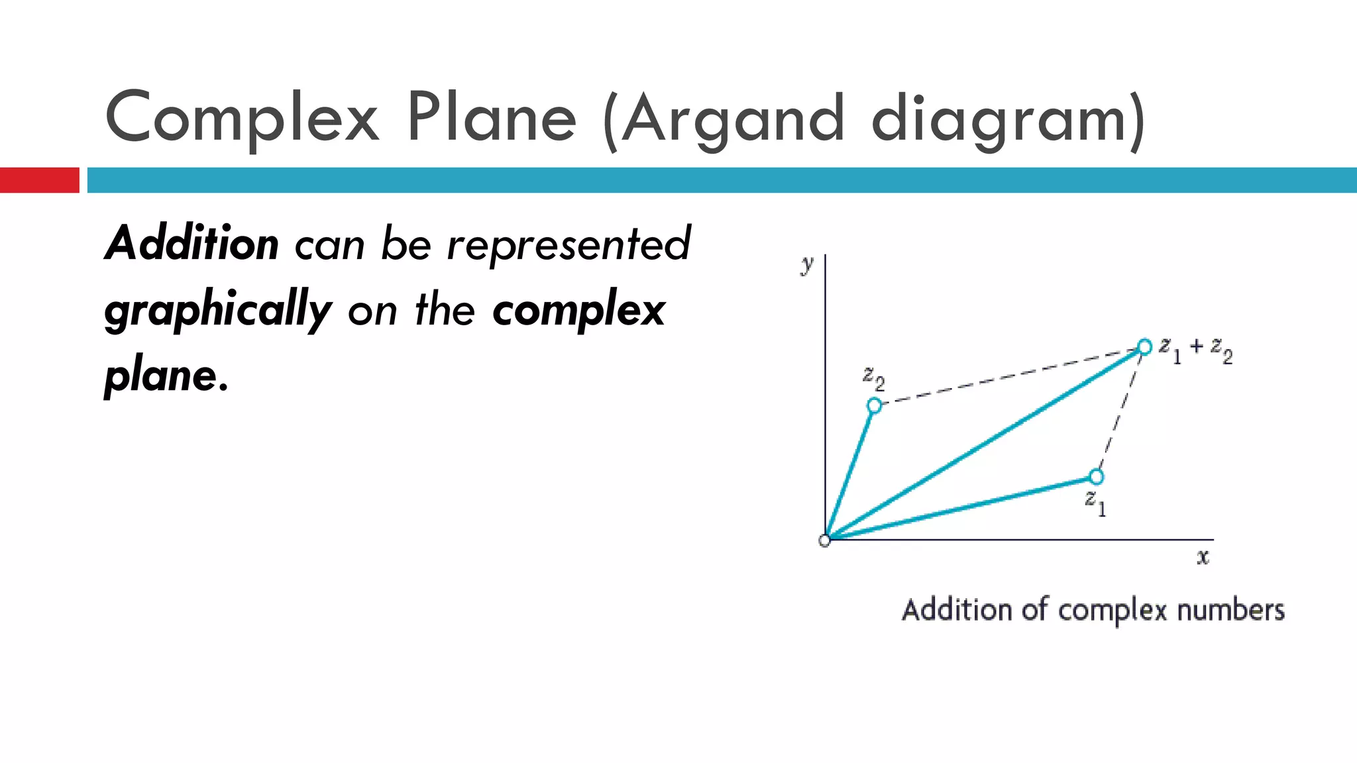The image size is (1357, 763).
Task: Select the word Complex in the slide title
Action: pos(242,118)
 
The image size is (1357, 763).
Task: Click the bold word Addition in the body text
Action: pos(191,244)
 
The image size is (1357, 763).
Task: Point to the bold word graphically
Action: pos(218,310)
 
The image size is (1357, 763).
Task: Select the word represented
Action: pos(569,244)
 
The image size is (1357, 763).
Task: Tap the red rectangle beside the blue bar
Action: pos(39,180)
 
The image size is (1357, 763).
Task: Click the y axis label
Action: pos(806,264)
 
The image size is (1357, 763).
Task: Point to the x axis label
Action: pos(1203,557)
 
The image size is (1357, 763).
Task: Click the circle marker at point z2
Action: pos(875,405)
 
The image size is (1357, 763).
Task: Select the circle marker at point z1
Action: pos(1097,477)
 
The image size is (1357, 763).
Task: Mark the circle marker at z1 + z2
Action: pos(1144,346)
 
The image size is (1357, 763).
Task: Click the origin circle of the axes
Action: pos(824,540)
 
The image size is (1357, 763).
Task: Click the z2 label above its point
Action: pos(873,378)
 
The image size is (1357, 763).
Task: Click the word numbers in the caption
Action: pos(1230,610)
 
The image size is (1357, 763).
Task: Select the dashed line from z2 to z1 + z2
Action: pos(1007,376)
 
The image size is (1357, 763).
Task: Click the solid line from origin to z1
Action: pos(961,509)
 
